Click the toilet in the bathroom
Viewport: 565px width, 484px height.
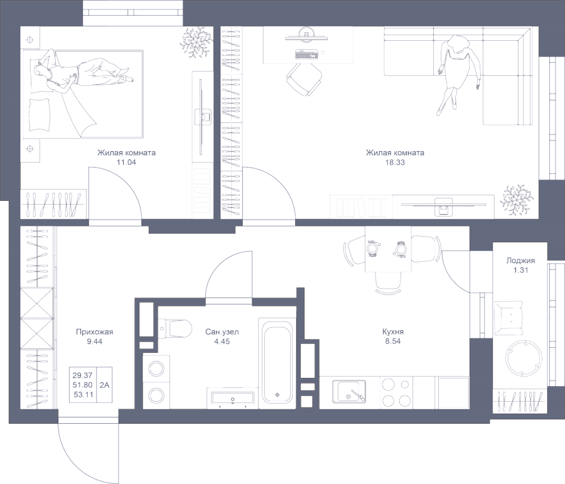(177, 328)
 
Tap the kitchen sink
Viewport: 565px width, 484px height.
(350, 392)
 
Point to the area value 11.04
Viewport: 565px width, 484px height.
(126, 161)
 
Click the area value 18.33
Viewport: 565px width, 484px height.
(395, 161)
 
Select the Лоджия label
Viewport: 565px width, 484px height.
(520, 261)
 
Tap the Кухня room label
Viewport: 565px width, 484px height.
(392, 332)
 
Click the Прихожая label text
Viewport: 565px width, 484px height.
(94, 332)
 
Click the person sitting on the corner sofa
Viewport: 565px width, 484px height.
(458, 69)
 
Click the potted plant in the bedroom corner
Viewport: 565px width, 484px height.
(195, 43)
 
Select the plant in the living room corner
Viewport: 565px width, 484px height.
(517, 199)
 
